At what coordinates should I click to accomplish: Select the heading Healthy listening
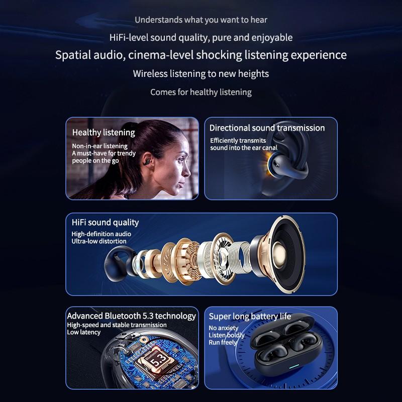click(104, 133)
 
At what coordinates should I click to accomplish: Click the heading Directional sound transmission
click(267, 128)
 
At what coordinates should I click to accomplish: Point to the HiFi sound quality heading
click(105, 222)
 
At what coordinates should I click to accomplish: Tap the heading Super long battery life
click(250, 316)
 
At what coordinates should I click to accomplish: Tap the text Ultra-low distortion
click(99, 241)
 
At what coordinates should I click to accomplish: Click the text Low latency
click(83, 332)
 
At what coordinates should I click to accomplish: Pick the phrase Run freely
click(223, 342)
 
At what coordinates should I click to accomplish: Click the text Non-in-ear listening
click(99, 146)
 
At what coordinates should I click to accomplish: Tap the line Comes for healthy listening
click(201, 92)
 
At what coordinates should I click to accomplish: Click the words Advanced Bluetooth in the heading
click(103, 316)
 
